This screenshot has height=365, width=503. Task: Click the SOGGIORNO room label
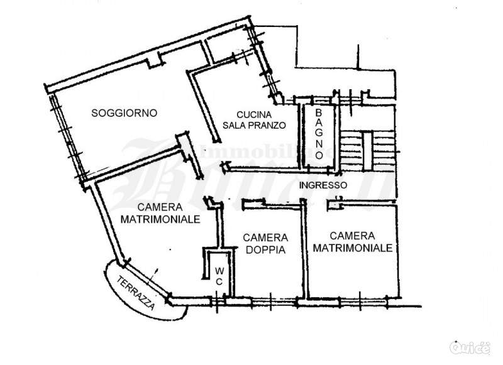[x=124, y=113]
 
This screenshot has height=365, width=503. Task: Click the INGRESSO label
[x=323, y=185]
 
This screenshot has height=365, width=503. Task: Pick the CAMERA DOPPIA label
[x=265, y=243]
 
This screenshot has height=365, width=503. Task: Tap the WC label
[x=219, y=276]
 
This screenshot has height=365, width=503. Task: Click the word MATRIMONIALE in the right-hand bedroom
[x=353, y=248]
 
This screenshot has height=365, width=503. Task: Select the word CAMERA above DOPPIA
[x=265, y=237]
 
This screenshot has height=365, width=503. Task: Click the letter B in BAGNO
[x=319, y=112]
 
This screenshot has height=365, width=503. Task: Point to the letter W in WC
[x=219, y=271]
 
